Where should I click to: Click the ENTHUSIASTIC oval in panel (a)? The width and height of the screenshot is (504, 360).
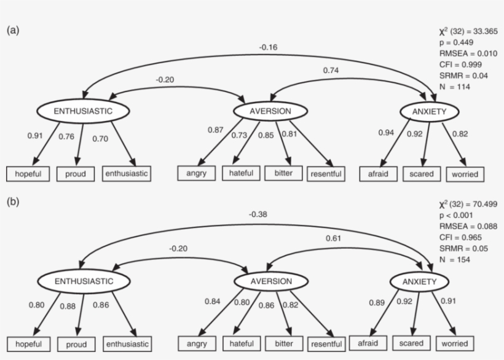coord(83,111)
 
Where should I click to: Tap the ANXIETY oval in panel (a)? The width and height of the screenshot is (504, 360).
coord(430,111)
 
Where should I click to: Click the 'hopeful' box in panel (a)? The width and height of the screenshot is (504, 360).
coord(28,174)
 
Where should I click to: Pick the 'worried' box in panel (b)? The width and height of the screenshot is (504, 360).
coord(455,343)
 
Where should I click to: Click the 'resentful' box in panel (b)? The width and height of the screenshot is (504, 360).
coord(326,344)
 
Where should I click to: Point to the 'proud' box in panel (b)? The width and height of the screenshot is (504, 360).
coord(76,345)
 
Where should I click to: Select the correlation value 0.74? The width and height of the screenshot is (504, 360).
coord(331,70)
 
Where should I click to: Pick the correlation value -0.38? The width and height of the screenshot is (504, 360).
coord(258,215)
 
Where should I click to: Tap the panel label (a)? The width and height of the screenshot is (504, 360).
coord(13,29)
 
